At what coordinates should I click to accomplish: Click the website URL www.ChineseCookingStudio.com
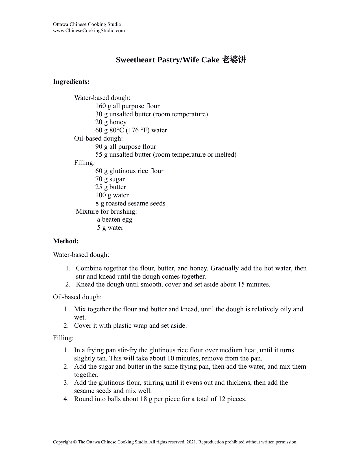pyautogui.click(x=89, y=30)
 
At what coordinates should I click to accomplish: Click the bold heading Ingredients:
pyautogui.click(x=71, y=82)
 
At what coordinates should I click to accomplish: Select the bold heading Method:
pyautogui.click(x=66, y=241)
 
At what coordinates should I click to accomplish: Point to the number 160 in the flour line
pyautogui.click(x=100, y=106)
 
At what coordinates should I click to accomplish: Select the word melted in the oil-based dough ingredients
pyautogui.click(x=226, y=155)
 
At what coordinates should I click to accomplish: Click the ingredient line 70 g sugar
pyautogui.click(x=110, y=179)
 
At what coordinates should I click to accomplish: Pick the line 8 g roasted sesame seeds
pyautogui.click(x=130, y=204)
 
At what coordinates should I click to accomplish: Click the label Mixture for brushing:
pyautogui.click(x=106, y=211)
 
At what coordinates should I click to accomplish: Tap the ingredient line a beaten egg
pyautogui.click(x=115, y=220)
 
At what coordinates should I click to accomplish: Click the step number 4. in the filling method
pyautogui.click(x=66, y=399)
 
